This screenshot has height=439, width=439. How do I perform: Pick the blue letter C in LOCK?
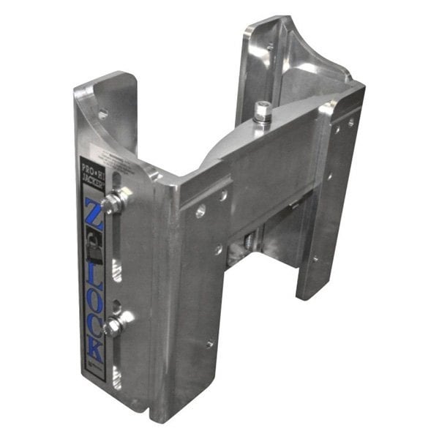pyautogui.click(x=95, y=324)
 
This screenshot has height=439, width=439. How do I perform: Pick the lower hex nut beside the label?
pyautogui.click(x=113, y=327)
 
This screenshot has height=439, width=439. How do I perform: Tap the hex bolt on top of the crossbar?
pyautogui.click(x=262, y=111)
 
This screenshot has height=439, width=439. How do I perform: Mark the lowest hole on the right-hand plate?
pyautogui.click(x=315, y=258)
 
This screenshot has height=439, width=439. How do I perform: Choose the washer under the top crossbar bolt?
pyautogui.click(x=262, y=123)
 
